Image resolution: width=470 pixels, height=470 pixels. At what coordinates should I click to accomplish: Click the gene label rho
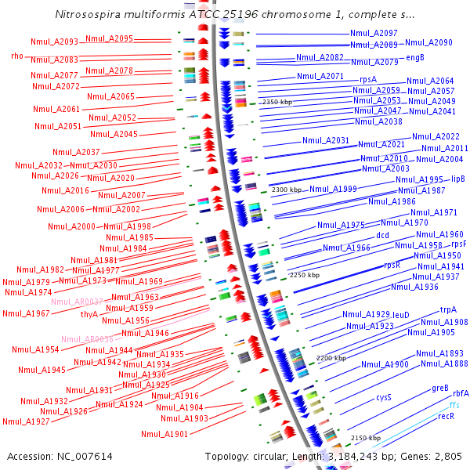click(17, 56)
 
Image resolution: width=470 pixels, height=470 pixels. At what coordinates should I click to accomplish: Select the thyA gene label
click(89, 314)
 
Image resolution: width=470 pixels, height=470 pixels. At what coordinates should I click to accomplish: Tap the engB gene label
click(416, 57)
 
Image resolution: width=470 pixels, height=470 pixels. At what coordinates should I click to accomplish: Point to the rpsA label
click(368, 79)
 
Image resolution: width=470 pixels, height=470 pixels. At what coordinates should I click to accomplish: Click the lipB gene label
click(458, 179)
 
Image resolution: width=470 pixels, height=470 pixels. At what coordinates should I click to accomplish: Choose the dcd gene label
click(382, 235)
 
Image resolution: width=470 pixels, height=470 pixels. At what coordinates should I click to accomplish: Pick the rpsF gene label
click(459, 244)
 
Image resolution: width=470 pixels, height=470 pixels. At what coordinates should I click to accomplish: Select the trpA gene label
click(448, 309)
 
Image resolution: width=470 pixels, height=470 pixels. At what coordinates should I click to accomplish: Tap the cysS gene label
click(383, 397)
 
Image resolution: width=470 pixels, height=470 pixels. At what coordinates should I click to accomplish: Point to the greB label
click(440, 388)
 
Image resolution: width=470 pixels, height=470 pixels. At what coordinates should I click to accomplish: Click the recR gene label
click(446, 417)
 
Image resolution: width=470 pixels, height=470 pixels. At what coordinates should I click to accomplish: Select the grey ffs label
click(455, 405)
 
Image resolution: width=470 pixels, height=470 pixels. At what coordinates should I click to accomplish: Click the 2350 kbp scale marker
click(277, 102)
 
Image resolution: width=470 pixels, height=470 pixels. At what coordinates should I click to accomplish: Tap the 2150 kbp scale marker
click(366, 438)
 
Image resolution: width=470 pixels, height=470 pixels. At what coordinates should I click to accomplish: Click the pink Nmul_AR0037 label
click(78, 302)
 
